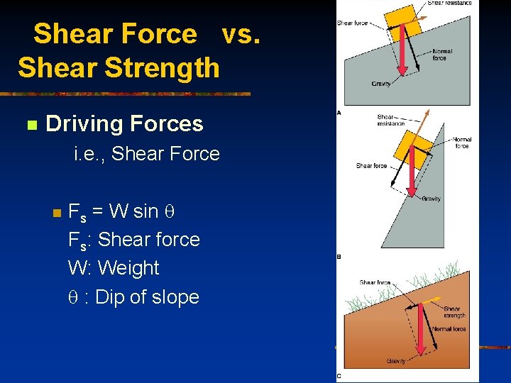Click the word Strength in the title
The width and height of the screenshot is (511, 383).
163,68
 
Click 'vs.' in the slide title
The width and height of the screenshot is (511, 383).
241,33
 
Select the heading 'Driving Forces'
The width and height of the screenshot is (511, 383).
124,124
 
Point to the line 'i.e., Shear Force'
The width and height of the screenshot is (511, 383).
147,153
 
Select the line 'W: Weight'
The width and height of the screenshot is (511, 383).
114,268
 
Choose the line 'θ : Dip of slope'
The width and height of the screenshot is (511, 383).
133,297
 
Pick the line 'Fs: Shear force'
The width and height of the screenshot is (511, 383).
133,240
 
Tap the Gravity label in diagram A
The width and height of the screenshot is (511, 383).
381,84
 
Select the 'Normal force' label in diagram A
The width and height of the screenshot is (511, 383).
441,55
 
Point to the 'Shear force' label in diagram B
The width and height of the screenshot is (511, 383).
371,166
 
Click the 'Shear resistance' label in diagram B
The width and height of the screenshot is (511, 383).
390,120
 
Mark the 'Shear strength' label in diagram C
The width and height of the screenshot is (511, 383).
455,312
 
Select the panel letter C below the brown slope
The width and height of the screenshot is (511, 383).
339,376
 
